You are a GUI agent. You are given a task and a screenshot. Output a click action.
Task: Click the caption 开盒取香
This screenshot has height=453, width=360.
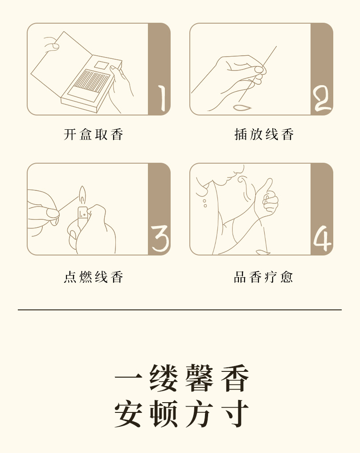click(x=94, y=135)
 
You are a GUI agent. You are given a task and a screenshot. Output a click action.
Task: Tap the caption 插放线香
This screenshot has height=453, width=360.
click(x=264, y=135)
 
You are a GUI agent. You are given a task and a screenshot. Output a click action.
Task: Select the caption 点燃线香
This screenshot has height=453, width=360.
click(x=94, y=277)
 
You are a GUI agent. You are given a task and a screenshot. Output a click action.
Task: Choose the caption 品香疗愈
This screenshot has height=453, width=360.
click(x=263, y=277)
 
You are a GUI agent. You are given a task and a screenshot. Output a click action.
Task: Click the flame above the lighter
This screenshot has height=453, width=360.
click(x=82, y=195)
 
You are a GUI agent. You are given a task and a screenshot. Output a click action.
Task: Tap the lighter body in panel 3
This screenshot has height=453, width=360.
click(x=82, y=216)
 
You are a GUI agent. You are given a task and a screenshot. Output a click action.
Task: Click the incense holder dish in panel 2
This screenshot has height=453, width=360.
click(x=241, y=108)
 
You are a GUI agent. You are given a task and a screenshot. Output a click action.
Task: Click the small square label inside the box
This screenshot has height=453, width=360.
click(x=101, y=65)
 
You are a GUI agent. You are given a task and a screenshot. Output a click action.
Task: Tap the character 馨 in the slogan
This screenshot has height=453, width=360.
click(x=198, y=378)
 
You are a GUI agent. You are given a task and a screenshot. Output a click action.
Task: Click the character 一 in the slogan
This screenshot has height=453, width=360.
click(x=128, y=377)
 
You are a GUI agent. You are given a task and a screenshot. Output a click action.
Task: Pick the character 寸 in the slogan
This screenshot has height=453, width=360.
click(x=234, y=414)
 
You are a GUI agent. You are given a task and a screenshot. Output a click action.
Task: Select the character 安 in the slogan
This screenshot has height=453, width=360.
click(x=128, y=414)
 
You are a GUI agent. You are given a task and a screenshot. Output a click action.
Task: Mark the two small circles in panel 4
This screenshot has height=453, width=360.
click(x=205, y=203)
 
